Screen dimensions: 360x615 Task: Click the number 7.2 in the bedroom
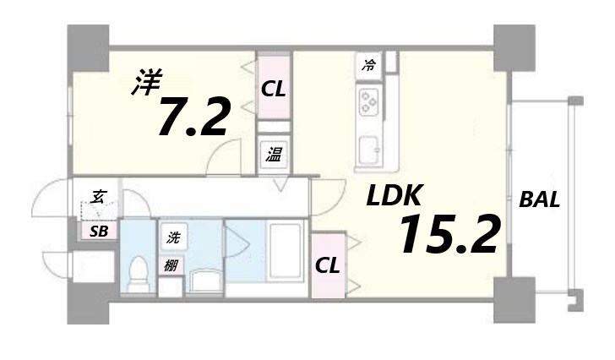pos(193,117)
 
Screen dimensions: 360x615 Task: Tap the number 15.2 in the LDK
pos(449,234)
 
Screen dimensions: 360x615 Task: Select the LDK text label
pos(394,197)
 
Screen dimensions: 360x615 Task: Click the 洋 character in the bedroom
pos(146,83)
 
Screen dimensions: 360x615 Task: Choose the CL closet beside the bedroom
pos(273,87)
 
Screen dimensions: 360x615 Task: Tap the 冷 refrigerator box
pos(369,64)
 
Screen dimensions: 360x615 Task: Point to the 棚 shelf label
pos(171,265)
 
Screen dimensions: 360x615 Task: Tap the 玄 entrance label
pos(98,199)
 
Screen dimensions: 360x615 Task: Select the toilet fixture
pos(136,272)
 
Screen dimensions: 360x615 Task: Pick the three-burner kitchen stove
pos(369,102)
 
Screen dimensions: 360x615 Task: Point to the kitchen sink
pos(369,149)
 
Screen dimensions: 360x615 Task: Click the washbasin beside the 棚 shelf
pos(203,280)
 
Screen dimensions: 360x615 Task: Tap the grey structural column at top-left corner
pos(88,46)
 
